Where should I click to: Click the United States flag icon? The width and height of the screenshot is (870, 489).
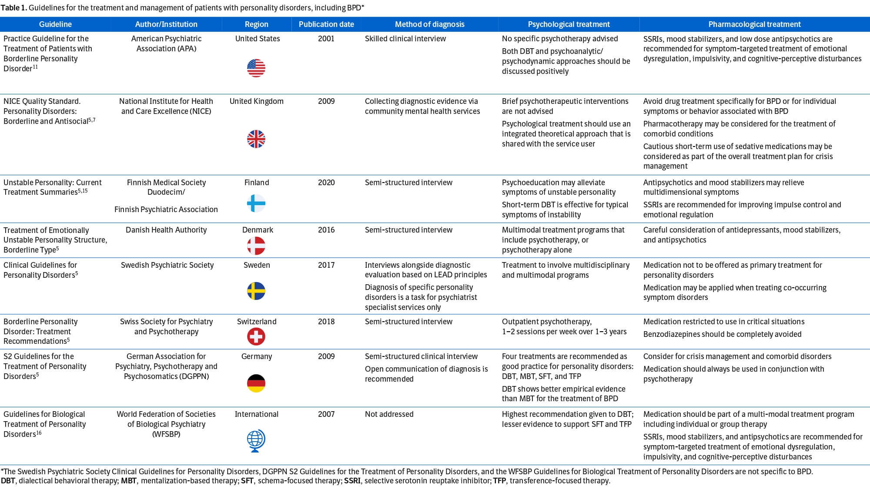click(256, 68)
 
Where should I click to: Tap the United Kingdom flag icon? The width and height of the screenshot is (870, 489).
click(256, 139)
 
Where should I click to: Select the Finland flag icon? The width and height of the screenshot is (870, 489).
click(256, 203)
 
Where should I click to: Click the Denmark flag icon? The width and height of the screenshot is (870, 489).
click(256, 246)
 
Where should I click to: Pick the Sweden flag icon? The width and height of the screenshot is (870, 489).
click(256, 291)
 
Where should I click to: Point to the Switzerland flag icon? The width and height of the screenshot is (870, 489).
click(256, 336)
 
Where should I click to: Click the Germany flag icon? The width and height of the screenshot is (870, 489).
click(256, 383)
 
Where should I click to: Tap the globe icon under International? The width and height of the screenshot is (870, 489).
click(256, 441)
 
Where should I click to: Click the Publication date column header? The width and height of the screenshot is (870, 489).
click(326, 24)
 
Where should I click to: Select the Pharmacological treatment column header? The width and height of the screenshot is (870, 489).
click(754, 24)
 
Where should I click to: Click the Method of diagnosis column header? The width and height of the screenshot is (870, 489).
click(429, 24)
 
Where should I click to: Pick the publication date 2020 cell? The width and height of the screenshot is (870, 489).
click(326, 183)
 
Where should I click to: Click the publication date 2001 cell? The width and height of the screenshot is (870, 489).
click(326, 39)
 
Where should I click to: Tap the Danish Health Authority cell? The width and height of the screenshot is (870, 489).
click(166, 230)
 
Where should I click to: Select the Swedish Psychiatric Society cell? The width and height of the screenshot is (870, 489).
click(167, 265)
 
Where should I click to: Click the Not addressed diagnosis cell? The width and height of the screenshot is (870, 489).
click(389, 414)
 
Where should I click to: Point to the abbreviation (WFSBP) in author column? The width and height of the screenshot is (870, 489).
click(166, 434)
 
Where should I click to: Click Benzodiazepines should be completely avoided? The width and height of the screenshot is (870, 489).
click(722, 334)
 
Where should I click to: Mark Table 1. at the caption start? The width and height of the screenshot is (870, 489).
click(13, 8)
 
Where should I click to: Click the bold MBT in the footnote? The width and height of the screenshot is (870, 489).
click(129, 481)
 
